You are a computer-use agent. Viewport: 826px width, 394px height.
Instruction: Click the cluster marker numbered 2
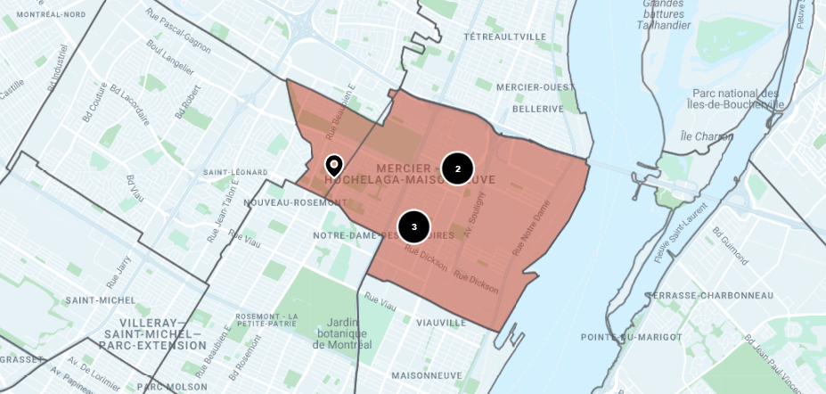pyautogui.click(x=457, y=168)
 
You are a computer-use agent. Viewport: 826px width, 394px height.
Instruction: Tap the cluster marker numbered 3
pyautogui.click(x=413, y=227)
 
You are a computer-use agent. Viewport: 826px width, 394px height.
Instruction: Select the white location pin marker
pyautogui.click(x=333, y=165)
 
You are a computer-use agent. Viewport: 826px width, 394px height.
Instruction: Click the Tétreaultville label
pyautogui.click(x=505, y=37)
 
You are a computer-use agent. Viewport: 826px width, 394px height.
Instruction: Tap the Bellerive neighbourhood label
pyautogui.click(x=538, y=109)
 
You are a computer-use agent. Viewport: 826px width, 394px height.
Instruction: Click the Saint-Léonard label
pyautogui.click(x=235, y=172)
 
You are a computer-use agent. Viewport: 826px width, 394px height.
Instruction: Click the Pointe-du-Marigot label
pyautogui.click(x=632, y=337)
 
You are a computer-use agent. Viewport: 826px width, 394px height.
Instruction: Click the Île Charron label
pyautogui.click(x=707, y=137)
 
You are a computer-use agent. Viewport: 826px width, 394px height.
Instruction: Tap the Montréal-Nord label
pyautogui.click(x=52, y=15)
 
